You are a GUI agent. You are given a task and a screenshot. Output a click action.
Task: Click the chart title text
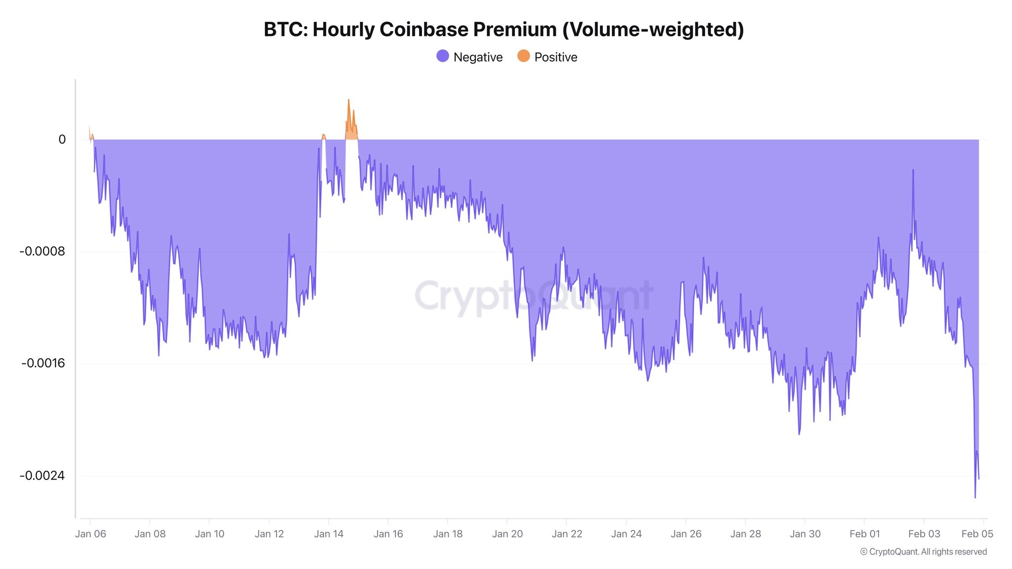tap(504, 30)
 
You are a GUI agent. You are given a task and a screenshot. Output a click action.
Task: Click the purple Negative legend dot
tap(443, 56)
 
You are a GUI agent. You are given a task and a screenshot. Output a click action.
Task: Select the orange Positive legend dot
tap(523, 56)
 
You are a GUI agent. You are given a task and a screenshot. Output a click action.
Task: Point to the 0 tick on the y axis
tap(62, 140)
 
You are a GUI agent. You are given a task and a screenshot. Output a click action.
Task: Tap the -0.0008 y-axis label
tap(42, 251)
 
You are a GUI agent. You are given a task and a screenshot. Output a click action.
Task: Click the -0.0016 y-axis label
tap(43, 364)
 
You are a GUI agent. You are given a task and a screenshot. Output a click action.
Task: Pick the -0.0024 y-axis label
tap(42, 476)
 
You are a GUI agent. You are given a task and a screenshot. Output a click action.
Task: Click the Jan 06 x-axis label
tap(90, 534)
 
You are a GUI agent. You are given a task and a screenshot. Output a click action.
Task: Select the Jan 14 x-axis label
tap(329, 534)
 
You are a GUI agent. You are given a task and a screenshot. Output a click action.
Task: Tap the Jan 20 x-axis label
tap(507, 534)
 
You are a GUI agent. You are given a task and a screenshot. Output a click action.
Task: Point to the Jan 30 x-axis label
tap(805, 534)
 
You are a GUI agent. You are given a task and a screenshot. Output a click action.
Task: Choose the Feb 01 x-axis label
tap(865, 534)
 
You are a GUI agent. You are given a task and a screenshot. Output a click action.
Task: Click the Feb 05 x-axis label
tap(977, 534)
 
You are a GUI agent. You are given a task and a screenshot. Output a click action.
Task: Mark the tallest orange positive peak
tap(348, 100)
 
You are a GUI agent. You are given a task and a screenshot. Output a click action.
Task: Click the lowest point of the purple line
tap(975, 497)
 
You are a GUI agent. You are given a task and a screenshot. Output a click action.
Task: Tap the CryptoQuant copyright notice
tap(923, 552)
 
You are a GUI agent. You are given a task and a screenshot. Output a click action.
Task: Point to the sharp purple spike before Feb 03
tap(913, 170)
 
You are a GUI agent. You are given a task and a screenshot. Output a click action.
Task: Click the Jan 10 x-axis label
tap(210, 534)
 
